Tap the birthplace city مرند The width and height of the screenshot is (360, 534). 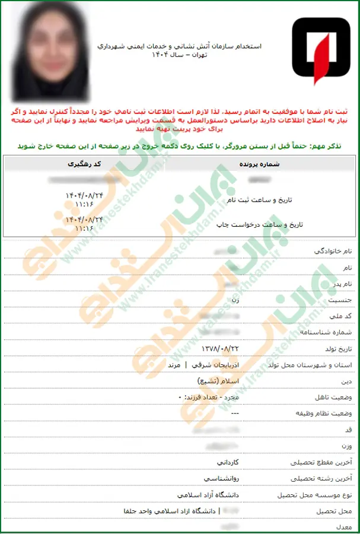tap(174, 364)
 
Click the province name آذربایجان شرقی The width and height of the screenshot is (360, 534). tap(208, 364)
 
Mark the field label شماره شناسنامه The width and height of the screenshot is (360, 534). tap(326, 332)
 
